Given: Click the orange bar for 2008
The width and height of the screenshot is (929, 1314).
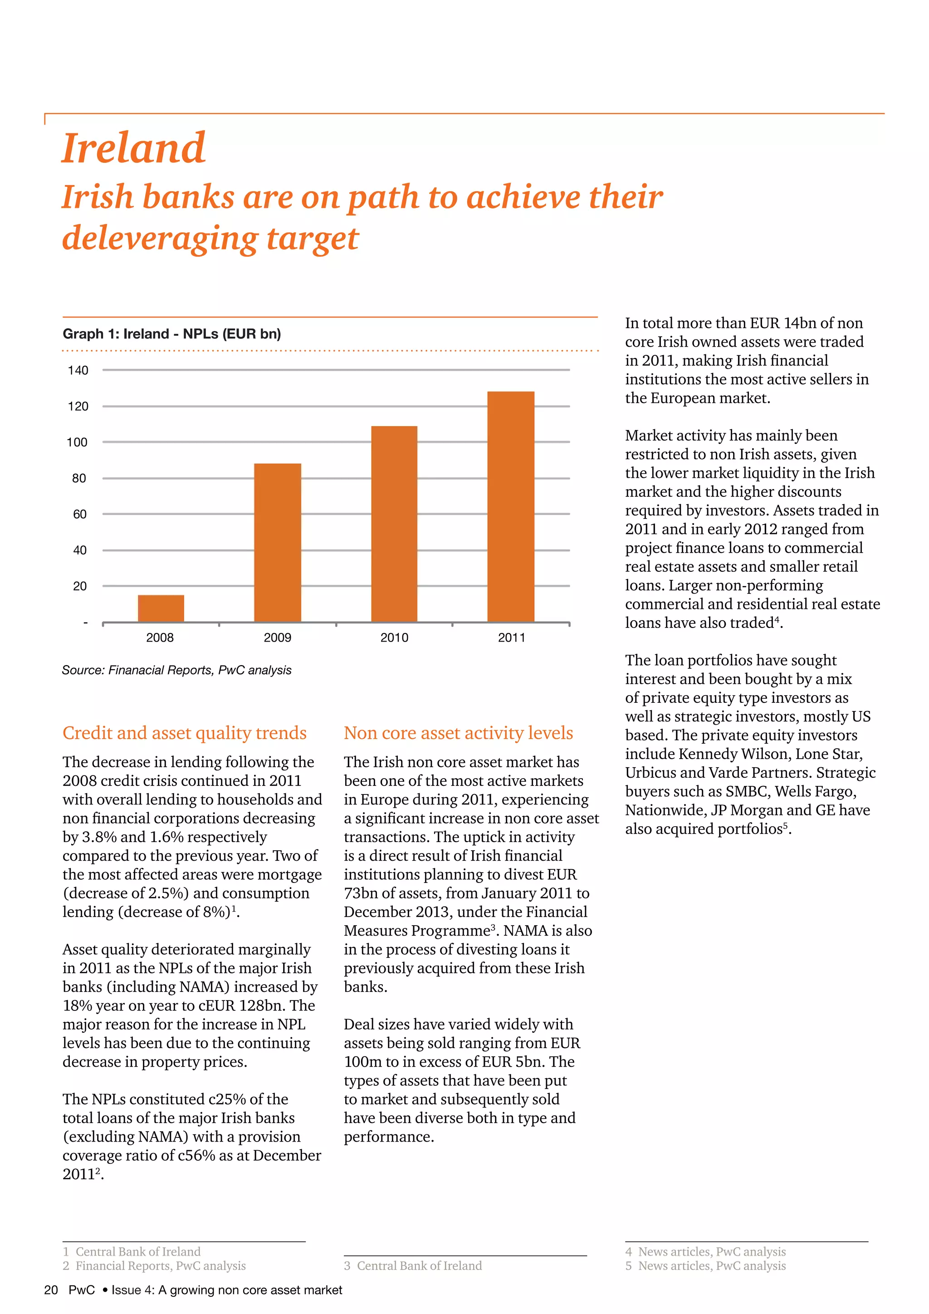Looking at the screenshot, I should pos(161,608).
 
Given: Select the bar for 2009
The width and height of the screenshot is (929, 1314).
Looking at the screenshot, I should pos(278,543).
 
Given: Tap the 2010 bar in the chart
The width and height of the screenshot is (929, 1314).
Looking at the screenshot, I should pos(394,524).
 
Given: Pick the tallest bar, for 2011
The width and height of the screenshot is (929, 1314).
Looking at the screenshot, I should pos(511,506).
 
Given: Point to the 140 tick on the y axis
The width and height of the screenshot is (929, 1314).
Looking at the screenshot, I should pos(78,370).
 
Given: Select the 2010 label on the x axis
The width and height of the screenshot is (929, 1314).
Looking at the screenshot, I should pos(394,637).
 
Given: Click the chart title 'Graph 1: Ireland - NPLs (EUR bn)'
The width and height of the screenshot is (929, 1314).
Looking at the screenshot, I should pos(171,333).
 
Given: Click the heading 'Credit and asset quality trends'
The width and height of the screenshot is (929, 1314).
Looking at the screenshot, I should pos(184,733).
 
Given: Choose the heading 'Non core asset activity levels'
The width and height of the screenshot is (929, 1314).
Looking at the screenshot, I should pos(458,733).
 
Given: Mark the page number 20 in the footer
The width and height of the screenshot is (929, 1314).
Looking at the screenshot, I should pos(51,1290).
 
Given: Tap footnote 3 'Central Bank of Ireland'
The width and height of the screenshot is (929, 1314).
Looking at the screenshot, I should pos(413,1266).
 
